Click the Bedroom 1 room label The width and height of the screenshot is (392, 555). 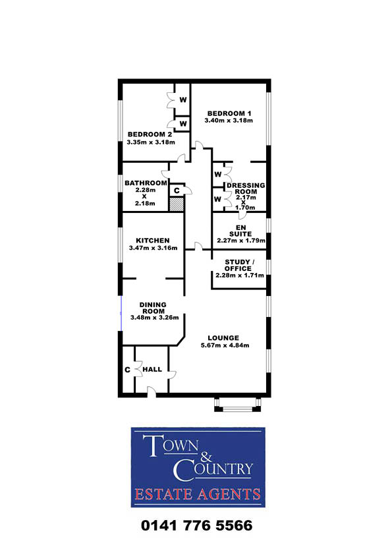click(x=229, y=113)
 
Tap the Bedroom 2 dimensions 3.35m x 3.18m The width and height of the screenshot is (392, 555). click(x=151, y=142)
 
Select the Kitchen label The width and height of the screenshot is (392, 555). click(x=153, y=241)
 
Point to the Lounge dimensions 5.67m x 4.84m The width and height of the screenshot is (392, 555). click(x=225, y=345)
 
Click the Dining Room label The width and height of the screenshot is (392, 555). click(x=153, y=308)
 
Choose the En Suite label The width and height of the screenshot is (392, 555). click(x=240, y=231)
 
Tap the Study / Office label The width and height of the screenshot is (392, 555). click(x=240, y=265)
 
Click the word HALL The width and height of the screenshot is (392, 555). click(x=152, y=369)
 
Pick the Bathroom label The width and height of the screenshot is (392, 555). click(x=146, y=183)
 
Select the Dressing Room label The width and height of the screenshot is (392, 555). click(x=246, y=189)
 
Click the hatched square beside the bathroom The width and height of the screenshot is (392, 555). click(x=177, y=204)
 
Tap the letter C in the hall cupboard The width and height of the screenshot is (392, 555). click(x=127, y=370)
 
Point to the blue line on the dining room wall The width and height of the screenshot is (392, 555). click(x=122, y=314)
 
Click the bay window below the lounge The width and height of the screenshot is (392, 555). click(x=238, y=404)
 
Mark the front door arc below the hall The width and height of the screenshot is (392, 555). click(x=152, y=391)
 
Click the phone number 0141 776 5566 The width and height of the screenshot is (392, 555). click(x=197, y=525)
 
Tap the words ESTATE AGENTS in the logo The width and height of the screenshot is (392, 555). click(x=198, y=494)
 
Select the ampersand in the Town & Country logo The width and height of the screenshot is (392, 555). click(x=206, y=457)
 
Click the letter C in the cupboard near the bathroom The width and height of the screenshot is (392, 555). click(x=177, y=190)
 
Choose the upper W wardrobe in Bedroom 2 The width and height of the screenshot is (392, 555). click(x=183, y=100)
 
